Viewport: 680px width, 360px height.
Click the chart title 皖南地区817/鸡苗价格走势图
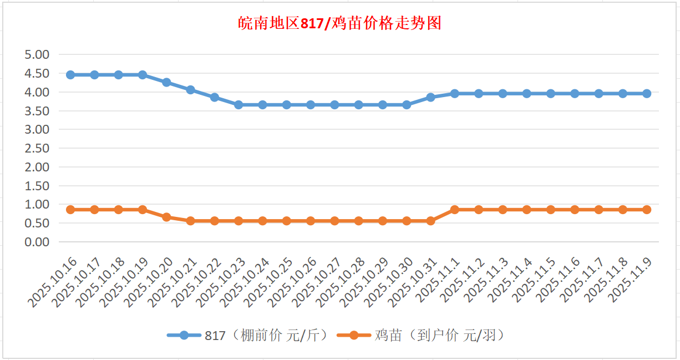339,23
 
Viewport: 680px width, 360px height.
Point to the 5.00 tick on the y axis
37,54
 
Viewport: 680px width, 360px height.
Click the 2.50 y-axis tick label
37,148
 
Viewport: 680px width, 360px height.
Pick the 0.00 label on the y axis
37,242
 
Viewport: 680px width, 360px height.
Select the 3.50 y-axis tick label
37,110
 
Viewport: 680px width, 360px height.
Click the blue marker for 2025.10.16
70,75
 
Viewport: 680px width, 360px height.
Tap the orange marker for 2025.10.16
70,210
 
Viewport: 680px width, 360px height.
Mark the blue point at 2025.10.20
166,82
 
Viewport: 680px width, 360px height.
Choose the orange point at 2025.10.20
166,217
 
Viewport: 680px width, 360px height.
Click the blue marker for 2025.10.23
238,105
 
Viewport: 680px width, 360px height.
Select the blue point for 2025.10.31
430,97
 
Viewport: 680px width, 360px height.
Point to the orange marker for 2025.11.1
455,210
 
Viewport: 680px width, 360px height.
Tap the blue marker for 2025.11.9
647,94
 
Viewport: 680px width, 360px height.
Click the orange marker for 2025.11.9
647,210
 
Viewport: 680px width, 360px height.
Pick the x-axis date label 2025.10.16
53,283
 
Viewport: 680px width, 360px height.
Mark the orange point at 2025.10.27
334,221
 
